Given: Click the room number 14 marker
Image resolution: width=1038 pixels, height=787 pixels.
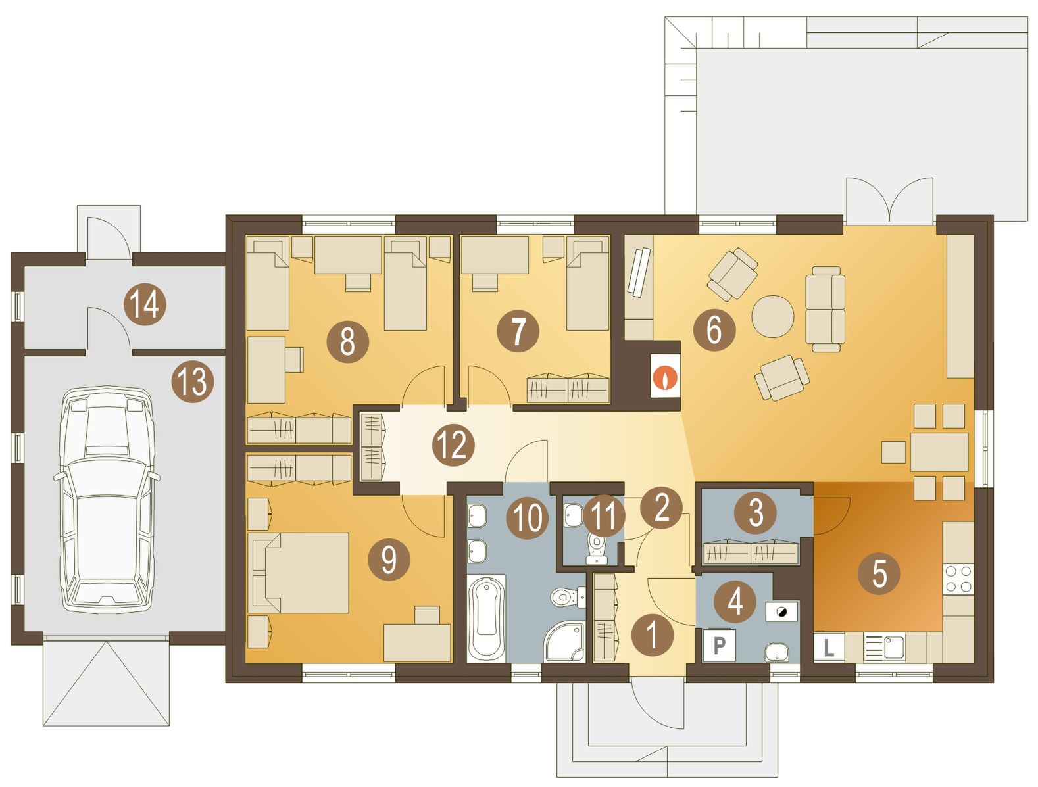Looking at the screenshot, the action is [x=145, y=304].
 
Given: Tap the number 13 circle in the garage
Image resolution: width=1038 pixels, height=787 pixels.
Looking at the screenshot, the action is [x=193, y=381].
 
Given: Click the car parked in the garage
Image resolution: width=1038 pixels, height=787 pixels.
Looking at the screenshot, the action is [x=107, y=501].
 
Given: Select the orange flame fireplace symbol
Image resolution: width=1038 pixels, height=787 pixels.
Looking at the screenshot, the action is [x=666, y=377].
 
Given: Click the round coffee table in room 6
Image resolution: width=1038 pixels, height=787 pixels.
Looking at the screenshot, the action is [x=773, y=316].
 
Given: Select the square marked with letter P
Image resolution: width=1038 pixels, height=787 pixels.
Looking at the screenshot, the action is [x=719, y=645].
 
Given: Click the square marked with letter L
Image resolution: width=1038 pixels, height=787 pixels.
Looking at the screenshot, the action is [x=829, y=647].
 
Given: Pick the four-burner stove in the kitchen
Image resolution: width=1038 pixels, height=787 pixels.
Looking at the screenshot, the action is [x=958, y=579].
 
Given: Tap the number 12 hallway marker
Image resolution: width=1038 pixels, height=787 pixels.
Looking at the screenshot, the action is [x=453, y=445].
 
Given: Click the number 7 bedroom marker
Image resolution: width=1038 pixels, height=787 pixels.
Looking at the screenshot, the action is [x=518, y=331].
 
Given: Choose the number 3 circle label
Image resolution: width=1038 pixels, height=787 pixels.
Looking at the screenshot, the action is [x=756, y=512].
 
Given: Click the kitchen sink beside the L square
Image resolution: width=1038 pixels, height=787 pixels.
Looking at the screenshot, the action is [x=884, y=647].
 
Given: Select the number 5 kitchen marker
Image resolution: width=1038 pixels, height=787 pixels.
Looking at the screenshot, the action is [x=879, y=573].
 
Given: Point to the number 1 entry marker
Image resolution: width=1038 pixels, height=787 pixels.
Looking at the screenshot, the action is [x=652, y=635].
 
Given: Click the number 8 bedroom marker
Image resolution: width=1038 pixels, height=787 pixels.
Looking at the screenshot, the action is [x=347, y=341].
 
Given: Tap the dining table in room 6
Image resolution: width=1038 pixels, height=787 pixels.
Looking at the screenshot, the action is [x=939, y=452].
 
